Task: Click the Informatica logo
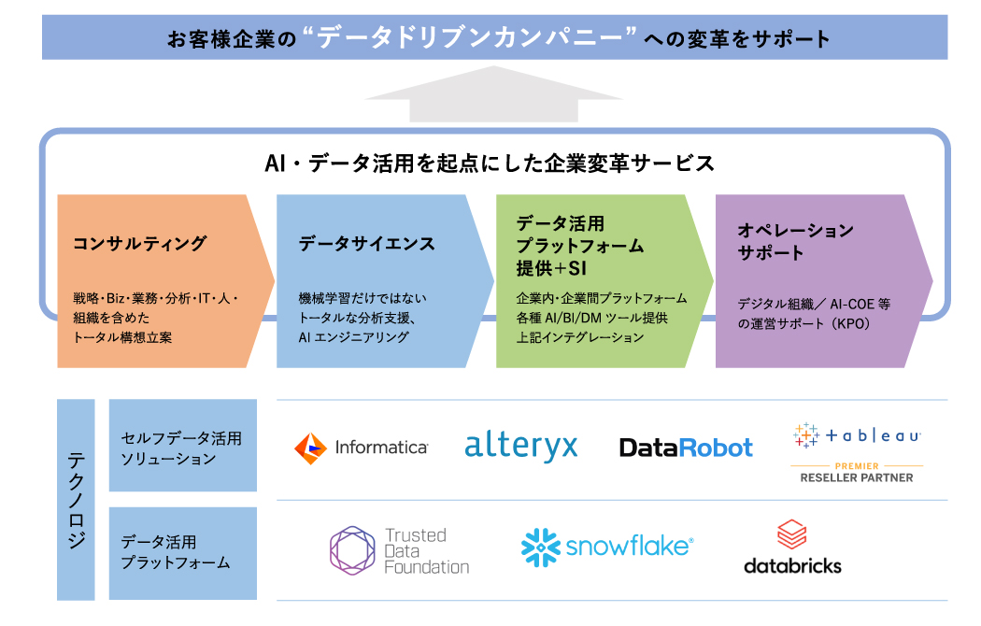(x=361, y=448)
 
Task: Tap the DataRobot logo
(x=686, y=448)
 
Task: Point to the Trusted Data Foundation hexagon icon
(x=351, y=550)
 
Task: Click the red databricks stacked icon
(x=791, y=534)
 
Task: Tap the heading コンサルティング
(x=139, y=244)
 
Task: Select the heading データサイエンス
(x=366, y=244)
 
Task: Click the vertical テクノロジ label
(x=76, y=500)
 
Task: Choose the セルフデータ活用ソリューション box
(x=182, y=446)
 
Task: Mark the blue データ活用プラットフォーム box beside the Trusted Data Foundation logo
(x=182, y=552)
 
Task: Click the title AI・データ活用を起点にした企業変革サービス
(x=490, y=164)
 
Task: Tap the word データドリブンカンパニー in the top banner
(x=476, y=38)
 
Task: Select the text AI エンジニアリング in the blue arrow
(x=353, y=337)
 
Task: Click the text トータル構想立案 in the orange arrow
(x=122, y=337)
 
